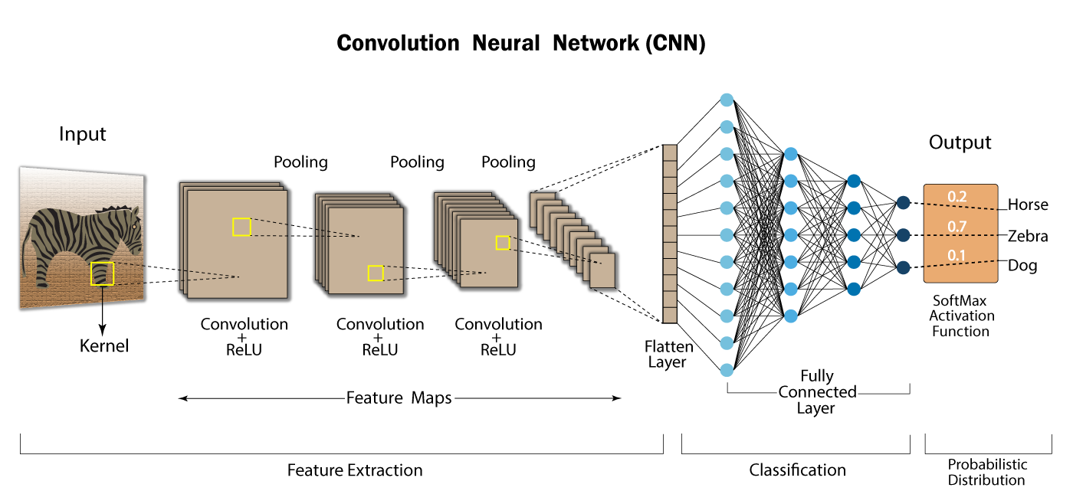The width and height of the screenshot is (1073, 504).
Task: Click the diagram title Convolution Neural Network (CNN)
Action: [521, 43]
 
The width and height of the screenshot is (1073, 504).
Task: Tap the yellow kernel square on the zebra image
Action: [102, 273]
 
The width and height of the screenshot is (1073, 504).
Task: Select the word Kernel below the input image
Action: [104, 345]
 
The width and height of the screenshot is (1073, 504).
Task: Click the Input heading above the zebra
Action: [82, 135]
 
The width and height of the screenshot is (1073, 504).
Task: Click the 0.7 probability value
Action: [957, 226]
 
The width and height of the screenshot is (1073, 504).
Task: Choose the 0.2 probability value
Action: [957, 197]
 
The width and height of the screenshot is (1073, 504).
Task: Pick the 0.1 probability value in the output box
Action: [957, 255]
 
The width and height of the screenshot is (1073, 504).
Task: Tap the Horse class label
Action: [1027, 205]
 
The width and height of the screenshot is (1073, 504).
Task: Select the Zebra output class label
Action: [1027, 236]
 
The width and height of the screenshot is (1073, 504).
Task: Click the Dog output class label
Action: [1022, 266]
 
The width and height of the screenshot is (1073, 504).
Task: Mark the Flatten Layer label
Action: [668, 355]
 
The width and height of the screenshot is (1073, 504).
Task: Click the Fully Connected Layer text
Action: [817, 392]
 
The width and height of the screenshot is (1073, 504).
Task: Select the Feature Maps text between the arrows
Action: [399, 398]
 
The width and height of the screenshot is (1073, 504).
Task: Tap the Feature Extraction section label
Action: [355, 470]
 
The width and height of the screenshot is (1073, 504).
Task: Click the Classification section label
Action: [797, 470]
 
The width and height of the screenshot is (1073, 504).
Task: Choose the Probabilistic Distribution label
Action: [986, 473]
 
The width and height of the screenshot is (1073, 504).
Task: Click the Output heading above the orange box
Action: [960, 142]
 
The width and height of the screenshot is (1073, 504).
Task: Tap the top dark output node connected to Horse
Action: [903, 202]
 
